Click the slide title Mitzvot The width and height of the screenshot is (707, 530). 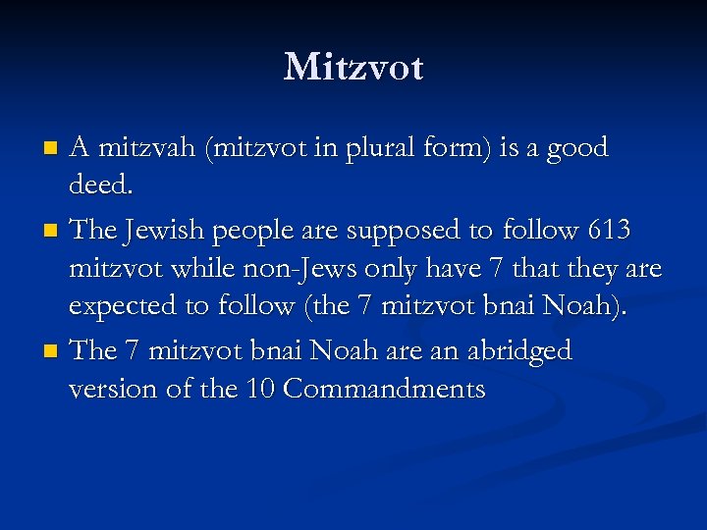tap(353, 67)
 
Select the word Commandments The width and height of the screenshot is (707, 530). tap(384, 390)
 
